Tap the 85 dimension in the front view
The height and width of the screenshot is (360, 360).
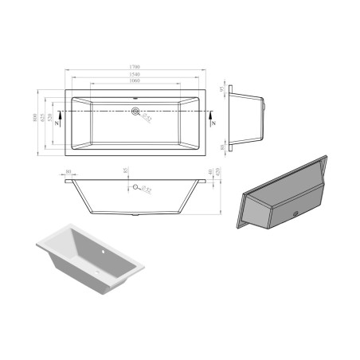(x=126, y=170)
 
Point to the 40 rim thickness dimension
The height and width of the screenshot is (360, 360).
(x=210, y=173)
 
